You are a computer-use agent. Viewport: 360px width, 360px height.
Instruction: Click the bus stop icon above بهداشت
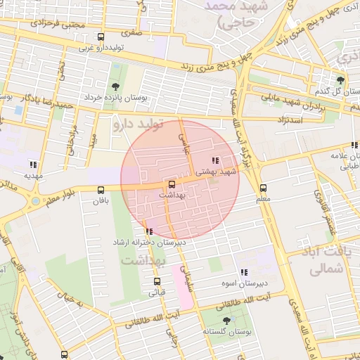coord(172,184)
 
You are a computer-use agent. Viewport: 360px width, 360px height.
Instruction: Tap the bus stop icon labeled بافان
coord(101,189)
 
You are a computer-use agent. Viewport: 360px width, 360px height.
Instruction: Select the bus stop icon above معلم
coord(263,188)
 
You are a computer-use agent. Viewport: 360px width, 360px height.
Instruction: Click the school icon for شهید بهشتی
coord(214,161)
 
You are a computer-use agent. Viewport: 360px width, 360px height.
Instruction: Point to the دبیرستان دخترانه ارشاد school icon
coord(148,231)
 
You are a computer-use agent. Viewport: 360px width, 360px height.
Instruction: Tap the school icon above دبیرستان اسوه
coord(244,272)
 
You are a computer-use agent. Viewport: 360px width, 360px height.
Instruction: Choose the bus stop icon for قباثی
coord(157,281)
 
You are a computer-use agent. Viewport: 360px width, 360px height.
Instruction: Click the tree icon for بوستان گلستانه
coord(226,321)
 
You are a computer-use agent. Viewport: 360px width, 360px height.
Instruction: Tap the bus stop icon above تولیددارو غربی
coord(101,37)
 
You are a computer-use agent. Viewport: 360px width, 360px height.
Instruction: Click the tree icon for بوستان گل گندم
coord(341,81)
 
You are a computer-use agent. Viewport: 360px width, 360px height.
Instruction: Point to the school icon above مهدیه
coord(33,165)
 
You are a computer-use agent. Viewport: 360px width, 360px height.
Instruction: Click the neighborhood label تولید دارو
coord(139,125)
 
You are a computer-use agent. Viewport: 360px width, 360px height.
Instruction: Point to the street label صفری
coord(132,32)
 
